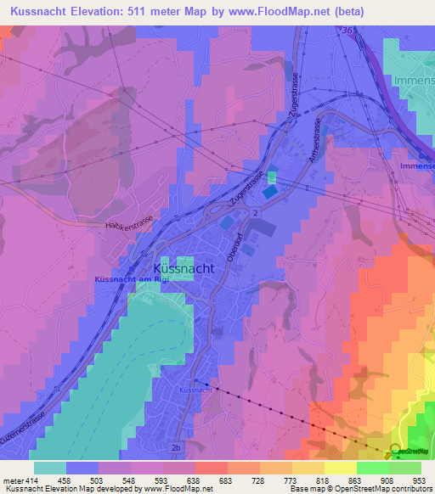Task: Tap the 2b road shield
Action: click(176, 446)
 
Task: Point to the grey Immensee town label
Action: click(415, 81)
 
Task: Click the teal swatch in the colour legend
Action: click(50, 467)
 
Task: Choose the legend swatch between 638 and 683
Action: click(211, 467)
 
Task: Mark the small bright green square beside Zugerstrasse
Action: click(272, 177)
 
